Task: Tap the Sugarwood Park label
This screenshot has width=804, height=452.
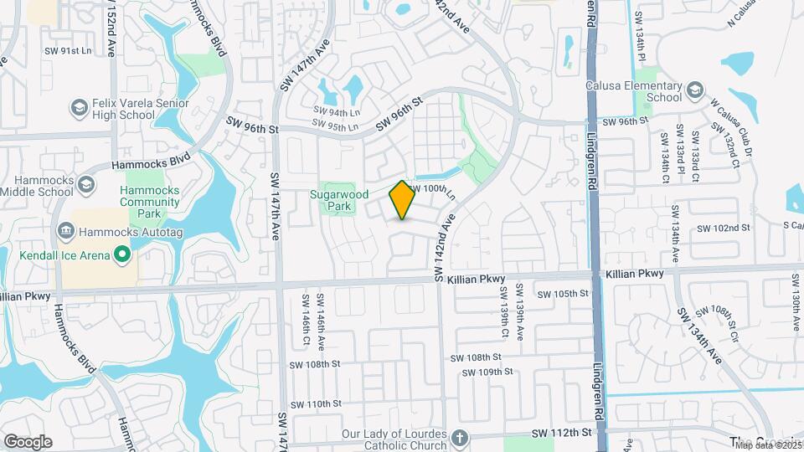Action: click(340, 199)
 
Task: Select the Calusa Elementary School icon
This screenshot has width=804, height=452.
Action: click(693, 89)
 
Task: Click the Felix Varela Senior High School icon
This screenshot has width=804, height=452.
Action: click(79, 107)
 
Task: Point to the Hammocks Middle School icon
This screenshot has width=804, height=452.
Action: click(85, 184)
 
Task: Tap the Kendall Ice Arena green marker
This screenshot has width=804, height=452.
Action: click(122, 252)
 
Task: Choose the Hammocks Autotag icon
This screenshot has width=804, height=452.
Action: click(64, 230)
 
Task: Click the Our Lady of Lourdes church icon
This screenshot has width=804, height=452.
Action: click(459, 437)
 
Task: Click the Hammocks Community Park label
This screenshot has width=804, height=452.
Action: click(150, 202)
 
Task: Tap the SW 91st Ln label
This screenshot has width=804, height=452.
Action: click(67, 51)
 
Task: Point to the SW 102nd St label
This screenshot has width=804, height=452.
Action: click(723, 228)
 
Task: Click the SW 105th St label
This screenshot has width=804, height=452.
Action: click(564, 294)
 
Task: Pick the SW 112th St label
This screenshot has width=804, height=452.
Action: click(562, 432)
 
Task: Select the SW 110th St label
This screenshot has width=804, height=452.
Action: click(313, 403)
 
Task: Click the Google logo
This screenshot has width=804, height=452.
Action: click(28, 442)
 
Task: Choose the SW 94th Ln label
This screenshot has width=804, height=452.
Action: click(337, 110)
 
